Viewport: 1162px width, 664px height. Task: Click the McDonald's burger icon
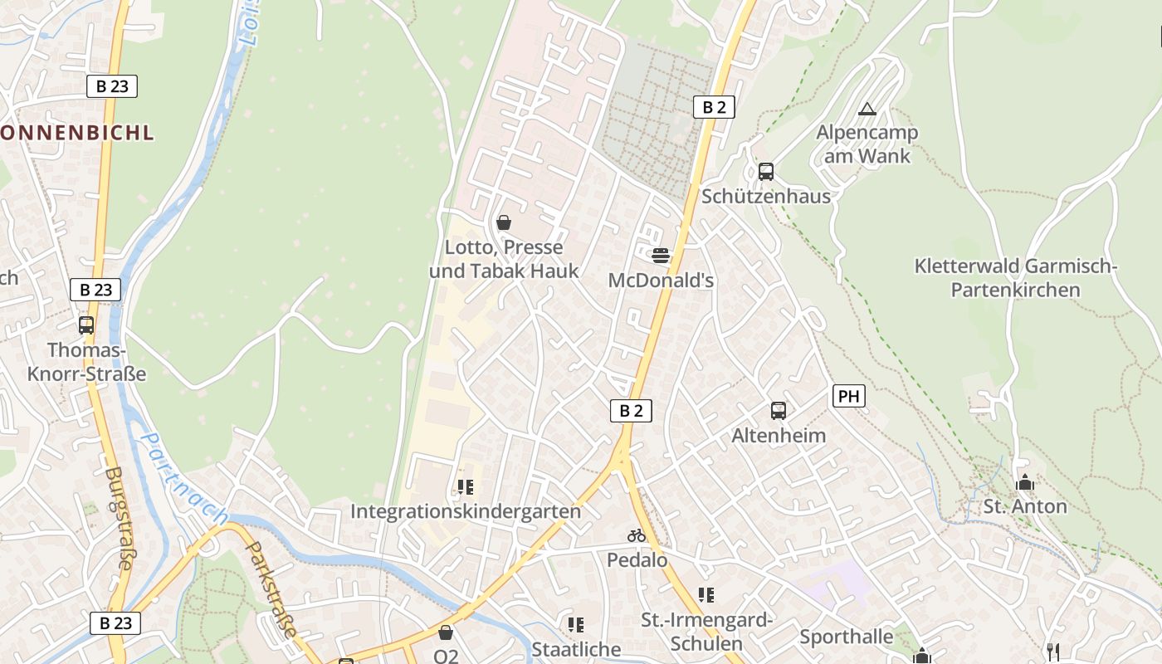[661, 255]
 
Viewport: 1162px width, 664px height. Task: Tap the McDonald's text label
[661, 281]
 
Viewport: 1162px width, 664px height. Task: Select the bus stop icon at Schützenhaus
[766, 172]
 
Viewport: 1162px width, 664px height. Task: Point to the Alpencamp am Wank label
[867, 144]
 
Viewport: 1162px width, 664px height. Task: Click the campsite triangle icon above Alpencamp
[867, 109]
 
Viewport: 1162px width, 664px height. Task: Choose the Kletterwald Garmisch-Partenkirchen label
[1016, 278]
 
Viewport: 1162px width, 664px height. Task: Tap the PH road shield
[848, 396]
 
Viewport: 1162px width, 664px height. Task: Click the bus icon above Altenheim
[779, 410]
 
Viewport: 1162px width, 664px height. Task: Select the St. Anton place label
[1025, 506]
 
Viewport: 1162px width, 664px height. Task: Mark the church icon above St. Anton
[1025, 482]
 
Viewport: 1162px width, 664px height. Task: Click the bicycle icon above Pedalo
[637, 535]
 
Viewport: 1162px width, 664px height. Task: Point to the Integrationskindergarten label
[466, 511]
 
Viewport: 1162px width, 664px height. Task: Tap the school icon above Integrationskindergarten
[465, 486]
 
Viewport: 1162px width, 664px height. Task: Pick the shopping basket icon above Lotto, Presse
[503, 222]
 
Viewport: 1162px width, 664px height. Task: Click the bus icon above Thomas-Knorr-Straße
[86, 325]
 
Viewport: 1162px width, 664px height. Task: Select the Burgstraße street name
[120, 518]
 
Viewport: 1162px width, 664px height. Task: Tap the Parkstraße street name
[273, 589]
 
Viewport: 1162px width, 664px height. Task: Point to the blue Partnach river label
[183, 477]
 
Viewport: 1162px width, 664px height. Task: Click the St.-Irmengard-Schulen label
[706, 632]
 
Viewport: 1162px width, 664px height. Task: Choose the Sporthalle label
[847, 637]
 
